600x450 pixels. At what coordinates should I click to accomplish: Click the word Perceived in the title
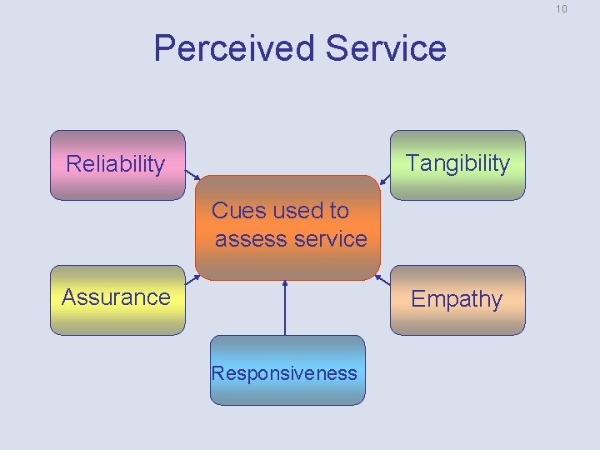point(236,48)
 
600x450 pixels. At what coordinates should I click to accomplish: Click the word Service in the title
point(386,48)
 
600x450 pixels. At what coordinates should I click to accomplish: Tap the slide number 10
point(561,9)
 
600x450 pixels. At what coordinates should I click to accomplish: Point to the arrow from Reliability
point(192,177)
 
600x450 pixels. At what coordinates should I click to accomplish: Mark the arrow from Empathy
point(383,279)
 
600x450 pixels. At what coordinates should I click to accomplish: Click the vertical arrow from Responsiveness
point(285,308)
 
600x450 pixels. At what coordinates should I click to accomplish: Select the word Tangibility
point(457,162)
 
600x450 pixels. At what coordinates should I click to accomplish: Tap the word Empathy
point(457,298)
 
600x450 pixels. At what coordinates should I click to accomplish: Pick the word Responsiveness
point(284,372)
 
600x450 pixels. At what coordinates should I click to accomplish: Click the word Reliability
point(115,164)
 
